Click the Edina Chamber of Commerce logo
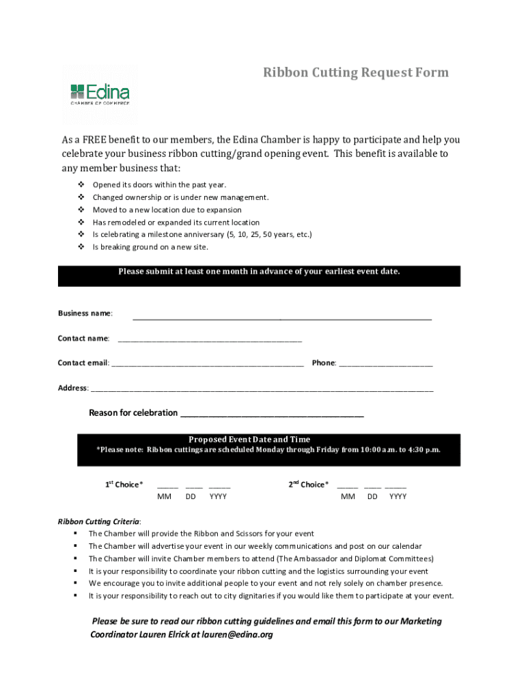tap(100, 94)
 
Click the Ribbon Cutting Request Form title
tap(356, 72)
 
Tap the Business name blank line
tap(281, 317)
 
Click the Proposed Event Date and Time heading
tap(249, 440)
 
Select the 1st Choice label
tap(124, 485)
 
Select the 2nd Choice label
tap(308, 485)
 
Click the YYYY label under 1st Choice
tap(219, 497)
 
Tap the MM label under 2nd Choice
tap(348, 497)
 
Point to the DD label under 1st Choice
tap(191, 497)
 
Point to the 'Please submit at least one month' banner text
tap(259, 272)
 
